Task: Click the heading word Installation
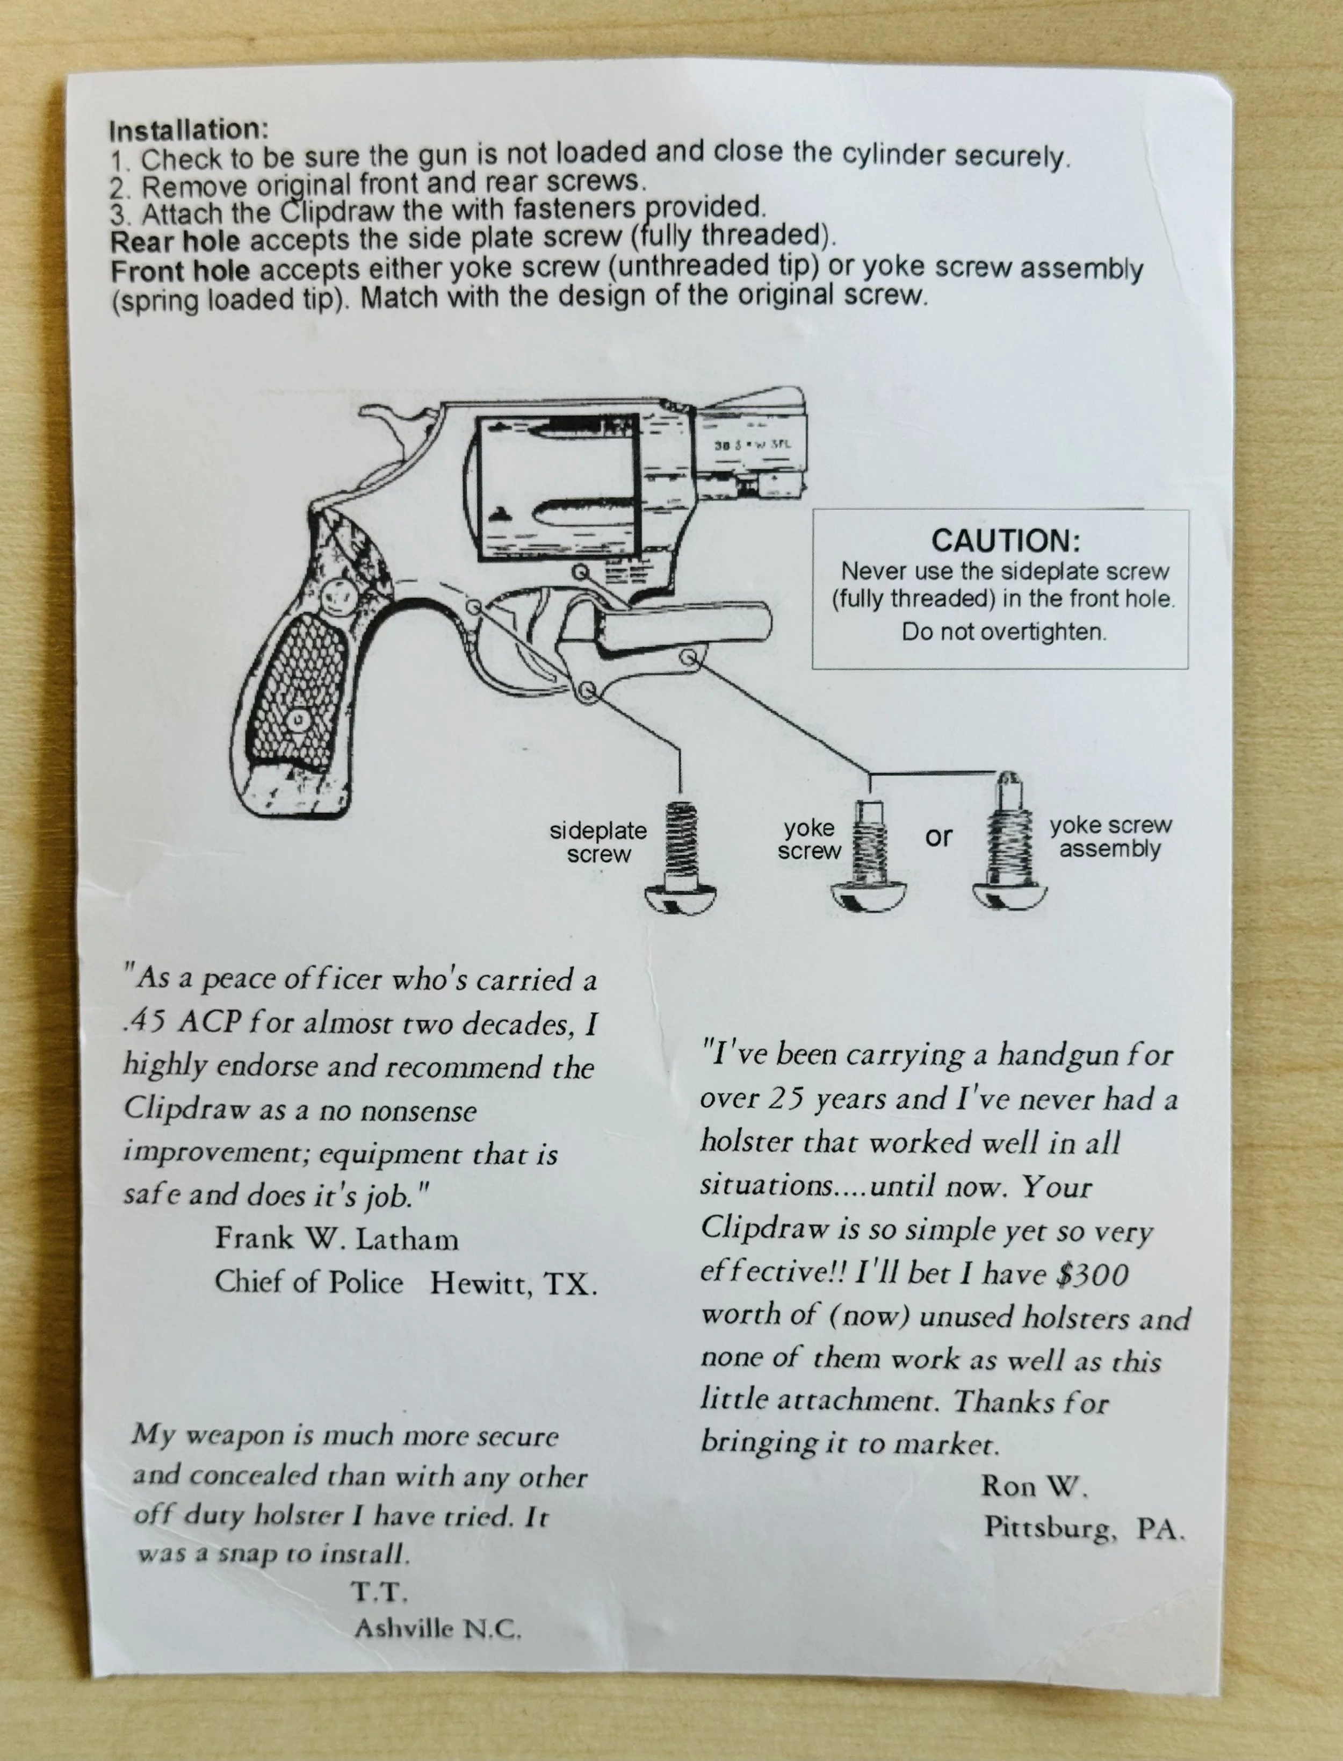point(189,130)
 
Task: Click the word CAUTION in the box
point(1006,541)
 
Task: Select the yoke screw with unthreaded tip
point(870,855)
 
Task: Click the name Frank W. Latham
point(336,1239)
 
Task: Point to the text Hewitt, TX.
point(513,1284)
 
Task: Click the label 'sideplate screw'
point(598,842)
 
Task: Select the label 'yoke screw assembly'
point(1110,836)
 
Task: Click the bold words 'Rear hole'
point(174,241)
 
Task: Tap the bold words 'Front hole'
point(180,271)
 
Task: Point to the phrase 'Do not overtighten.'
point(1004,632)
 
